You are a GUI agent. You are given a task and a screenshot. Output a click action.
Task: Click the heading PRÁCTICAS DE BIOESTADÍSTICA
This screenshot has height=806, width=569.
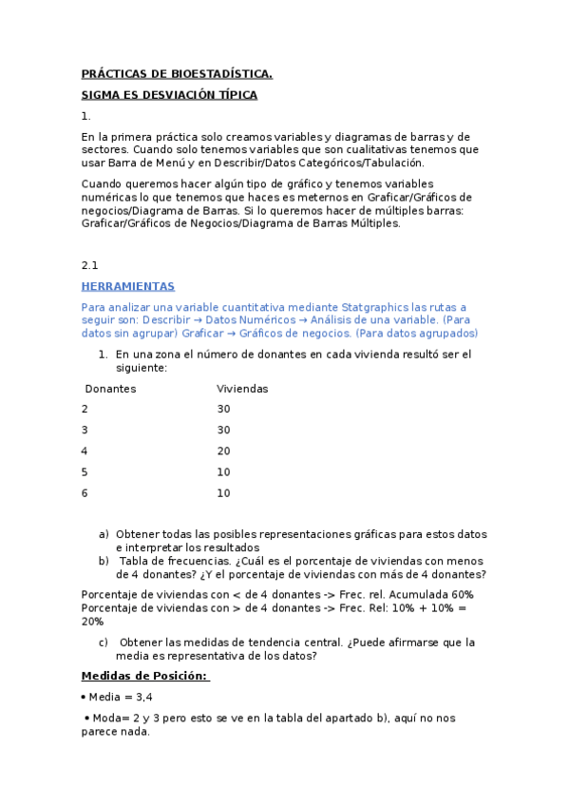point(177,74)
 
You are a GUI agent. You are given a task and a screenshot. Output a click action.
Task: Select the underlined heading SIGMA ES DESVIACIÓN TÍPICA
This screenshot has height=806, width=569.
point(169,95)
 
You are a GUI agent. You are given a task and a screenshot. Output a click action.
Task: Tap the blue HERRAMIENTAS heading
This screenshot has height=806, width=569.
point(127,286)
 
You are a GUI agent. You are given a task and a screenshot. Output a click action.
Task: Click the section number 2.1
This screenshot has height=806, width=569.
point(90,265)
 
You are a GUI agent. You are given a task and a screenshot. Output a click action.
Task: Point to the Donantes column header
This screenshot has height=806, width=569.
point(110,389)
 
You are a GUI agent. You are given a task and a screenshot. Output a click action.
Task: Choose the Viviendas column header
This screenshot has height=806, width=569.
point(242,389)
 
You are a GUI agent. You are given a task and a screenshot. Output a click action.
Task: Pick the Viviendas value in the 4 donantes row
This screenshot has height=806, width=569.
point(223,451)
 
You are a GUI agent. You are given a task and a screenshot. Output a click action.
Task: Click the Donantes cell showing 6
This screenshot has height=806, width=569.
point(85,493)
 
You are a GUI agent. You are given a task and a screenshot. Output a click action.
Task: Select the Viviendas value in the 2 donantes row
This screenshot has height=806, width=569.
point(223,410)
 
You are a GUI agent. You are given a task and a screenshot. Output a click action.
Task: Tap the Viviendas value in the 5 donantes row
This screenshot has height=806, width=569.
point(223,472)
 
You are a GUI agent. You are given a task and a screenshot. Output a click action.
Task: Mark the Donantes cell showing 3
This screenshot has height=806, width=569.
point(85,431)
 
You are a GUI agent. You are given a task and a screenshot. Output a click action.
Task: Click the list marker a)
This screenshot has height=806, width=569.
point(104,535)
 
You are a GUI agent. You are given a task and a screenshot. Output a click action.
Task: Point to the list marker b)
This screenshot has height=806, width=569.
point(104,562)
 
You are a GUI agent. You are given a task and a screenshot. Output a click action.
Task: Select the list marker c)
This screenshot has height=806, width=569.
point(104,643)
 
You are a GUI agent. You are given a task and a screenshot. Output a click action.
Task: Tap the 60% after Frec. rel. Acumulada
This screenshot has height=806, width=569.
point(462,595)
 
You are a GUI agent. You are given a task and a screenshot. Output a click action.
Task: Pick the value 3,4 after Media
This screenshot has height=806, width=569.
point(144,697)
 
